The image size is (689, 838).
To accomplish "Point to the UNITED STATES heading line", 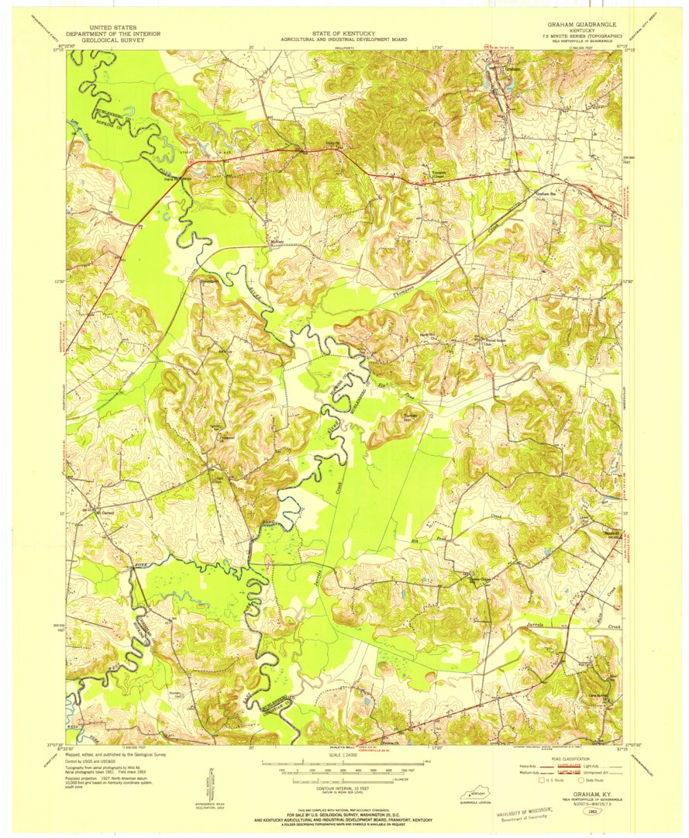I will (102, 26).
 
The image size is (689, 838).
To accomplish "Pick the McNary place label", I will (277, 241).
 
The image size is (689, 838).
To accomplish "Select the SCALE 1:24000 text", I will (343, 756).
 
